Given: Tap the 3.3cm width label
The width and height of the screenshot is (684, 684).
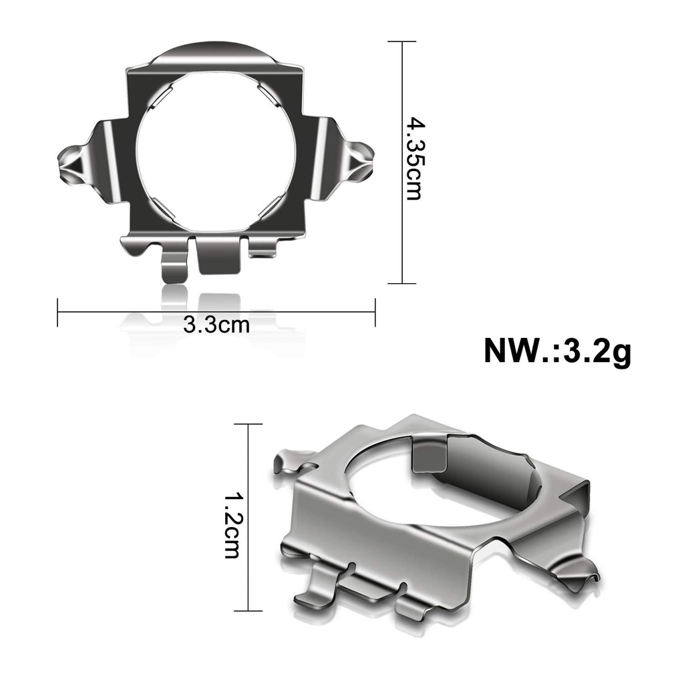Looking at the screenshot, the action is pos(216,325).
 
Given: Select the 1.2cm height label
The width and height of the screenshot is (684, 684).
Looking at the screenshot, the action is pos(232,525).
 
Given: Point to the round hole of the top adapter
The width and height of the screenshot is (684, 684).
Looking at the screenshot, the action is pos(217,151).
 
